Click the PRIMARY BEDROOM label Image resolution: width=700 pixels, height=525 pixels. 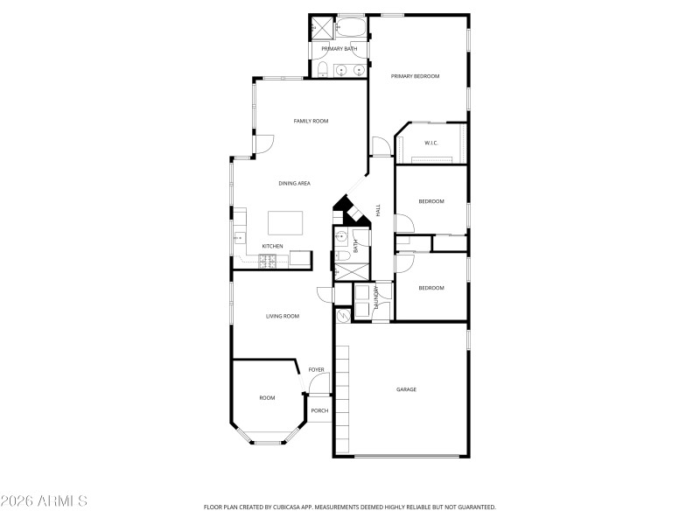point(415,77)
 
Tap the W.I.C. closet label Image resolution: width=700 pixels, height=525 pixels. point(430,143)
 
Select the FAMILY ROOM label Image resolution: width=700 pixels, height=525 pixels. point(311,121)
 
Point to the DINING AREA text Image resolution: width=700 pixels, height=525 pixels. point(295,184)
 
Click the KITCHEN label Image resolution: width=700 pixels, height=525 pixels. point(272,246)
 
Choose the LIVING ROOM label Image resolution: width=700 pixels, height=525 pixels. point(283,316)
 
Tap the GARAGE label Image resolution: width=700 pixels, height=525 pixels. point(406,389)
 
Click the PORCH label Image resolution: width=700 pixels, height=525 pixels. point(319,410)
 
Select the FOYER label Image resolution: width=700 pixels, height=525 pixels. point(316,370)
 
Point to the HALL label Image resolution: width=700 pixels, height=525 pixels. point(379,211)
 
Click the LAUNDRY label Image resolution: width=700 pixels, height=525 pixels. point(377,297)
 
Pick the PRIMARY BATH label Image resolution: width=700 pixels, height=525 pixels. point(339,49)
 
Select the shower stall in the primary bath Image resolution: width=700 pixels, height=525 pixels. point(321,29)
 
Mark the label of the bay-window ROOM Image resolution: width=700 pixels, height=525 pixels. point(267,398)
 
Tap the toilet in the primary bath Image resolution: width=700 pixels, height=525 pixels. point(322,69)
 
